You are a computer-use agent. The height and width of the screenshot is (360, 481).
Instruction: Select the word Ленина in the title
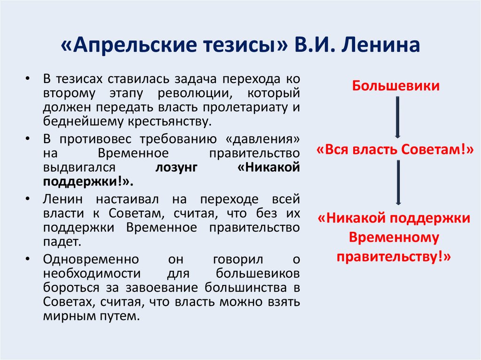[377, 47]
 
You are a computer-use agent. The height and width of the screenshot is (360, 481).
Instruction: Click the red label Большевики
[396, 86]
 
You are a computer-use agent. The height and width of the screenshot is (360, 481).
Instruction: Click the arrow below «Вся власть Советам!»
[397, 183]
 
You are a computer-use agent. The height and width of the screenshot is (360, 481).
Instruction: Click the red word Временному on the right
[394, 237]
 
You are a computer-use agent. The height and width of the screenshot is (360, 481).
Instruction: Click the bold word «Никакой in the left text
[269, 168]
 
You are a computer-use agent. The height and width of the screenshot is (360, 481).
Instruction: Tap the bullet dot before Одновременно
[29, 259]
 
